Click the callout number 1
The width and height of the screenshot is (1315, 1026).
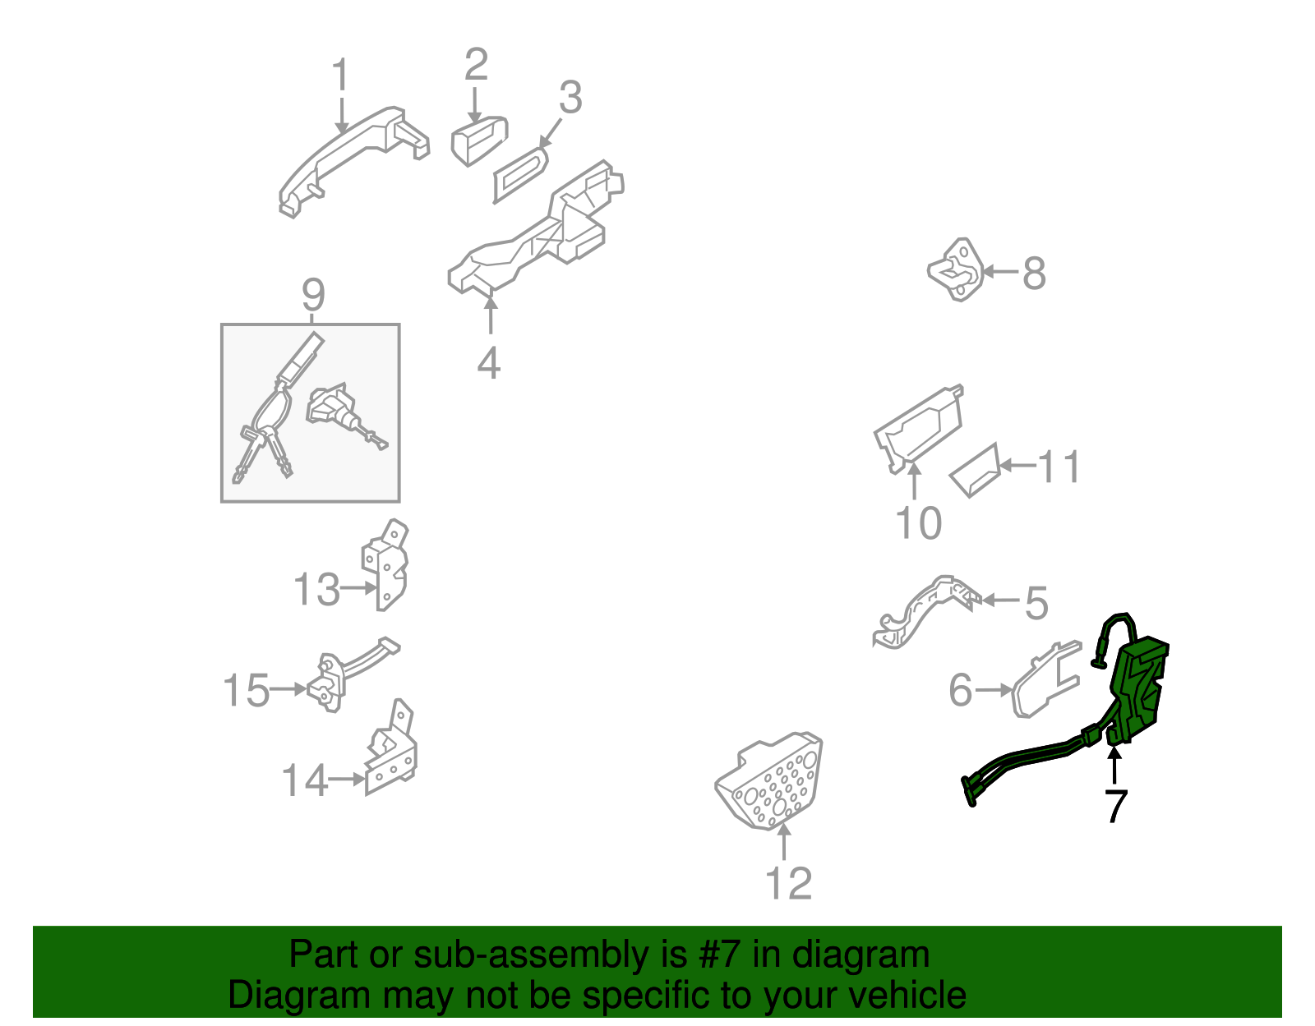pos(341,75)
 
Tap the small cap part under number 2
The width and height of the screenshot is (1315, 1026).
pos(479,140)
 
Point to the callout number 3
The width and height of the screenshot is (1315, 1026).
pos(570,97)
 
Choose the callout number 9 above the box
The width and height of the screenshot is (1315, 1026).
pos(313,295)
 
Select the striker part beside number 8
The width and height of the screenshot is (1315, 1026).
pos(956,269)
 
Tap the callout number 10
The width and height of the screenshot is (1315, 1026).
pos(918,522)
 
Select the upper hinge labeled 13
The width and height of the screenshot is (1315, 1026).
pos(385,564)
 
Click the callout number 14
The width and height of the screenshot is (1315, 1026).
pos(305,780)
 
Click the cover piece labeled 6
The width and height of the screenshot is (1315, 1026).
pos(1045,679)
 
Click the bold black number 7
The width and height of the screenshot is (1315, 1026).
pos(1115,806)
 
